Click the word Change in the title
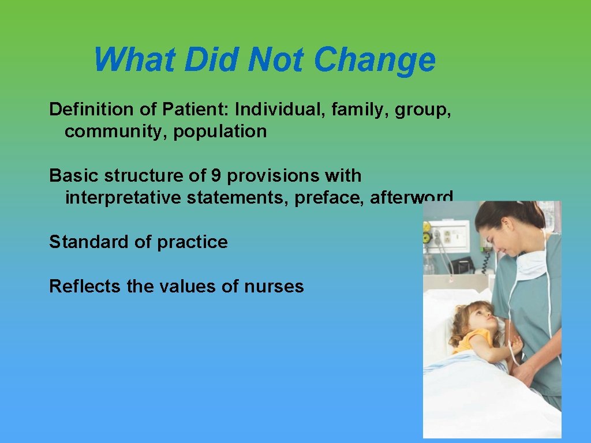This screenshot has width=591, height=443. click(375, 60)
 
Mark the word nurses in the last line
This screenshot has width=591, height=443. click(274, 286)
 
